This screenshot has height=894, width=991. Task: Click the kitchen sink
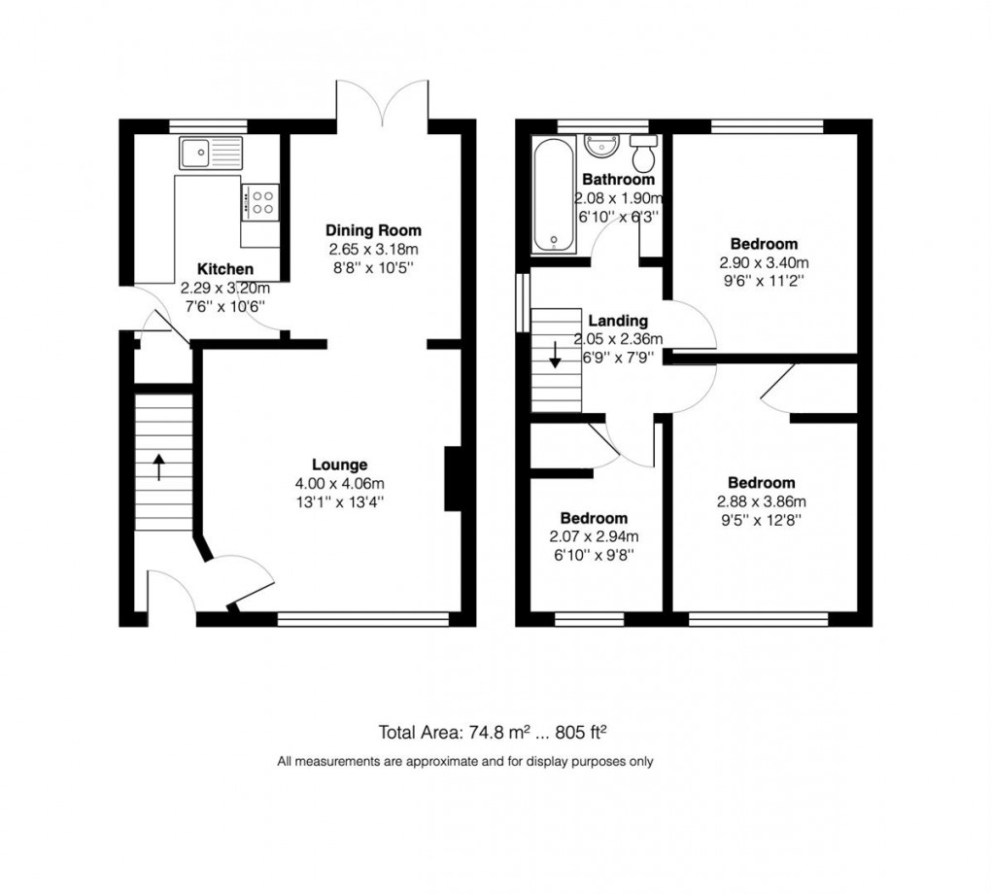tap(209, 153)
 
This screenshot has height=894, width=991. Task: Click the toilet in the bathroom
tap(643, 151)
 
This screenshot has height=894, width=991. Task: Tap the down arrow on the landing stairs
tap(555, 355)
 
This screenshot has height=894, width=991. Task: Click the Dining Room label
tap(373, 230)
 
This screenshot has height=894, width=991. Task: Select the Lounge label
tap(339, 464)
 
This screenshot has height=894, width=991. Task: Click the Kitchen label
tap(225, 269)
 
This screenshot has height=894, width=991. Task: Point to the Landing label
tap(617, 321)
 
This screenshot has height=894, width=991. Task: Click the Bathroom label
tap(617, 180)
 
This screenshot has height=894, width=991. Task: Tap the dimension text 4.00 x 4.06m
tap(339, 483)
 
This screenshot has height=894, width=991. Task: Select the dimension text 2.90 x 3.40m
tap(764, 262)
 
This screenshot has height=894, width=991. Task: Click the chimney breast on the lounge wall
tap(452, 478)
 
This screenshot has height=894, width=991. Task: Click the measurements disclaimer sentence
tap(465, 761)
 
